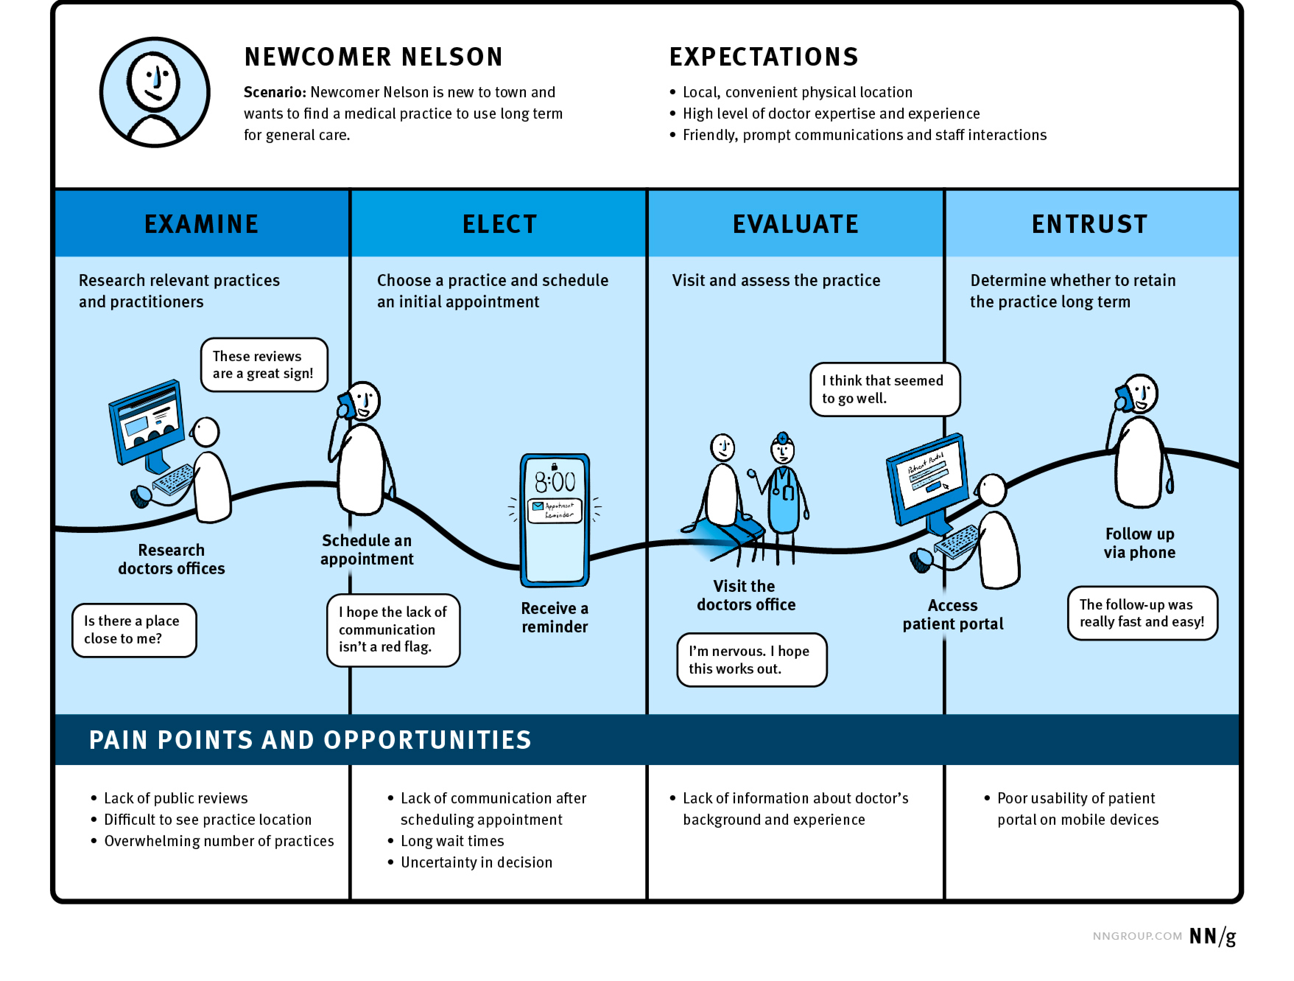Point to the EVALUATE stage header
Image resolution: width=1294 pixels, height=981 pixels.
click(x=796, y=224)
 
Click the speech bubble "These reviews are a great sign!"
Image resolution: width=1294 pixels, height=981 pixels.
click(x=264, y=365)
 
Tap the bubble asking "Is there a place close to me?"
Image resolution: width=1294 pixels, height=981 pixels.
click(x=134, y=630)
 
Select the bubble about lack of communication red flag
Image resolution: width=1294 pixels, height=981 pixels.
click(x=393, y=630)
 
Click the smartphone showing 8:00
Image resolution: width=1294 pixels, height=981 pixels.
click(x=555, y=520)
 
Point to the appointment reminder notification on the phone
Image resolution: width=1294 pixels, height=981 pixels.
click(x=555, y=510)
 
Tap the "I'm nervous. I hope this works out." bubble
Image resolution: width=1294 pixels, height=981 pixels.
click(x=751, y=660)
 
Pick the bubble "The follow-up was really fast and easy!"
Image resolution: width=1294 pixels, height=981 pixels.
click(x=1142, y=613)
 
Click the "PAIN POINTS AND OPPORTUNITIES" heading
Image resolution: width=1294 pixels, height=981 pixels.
click(x=310, y=740)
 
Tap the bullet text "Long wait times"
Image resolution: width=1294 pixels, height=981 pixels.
click(x=452, y=841)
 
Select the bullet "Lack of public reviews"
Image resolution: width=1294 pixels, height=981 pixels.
click(x=176, y=798)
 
